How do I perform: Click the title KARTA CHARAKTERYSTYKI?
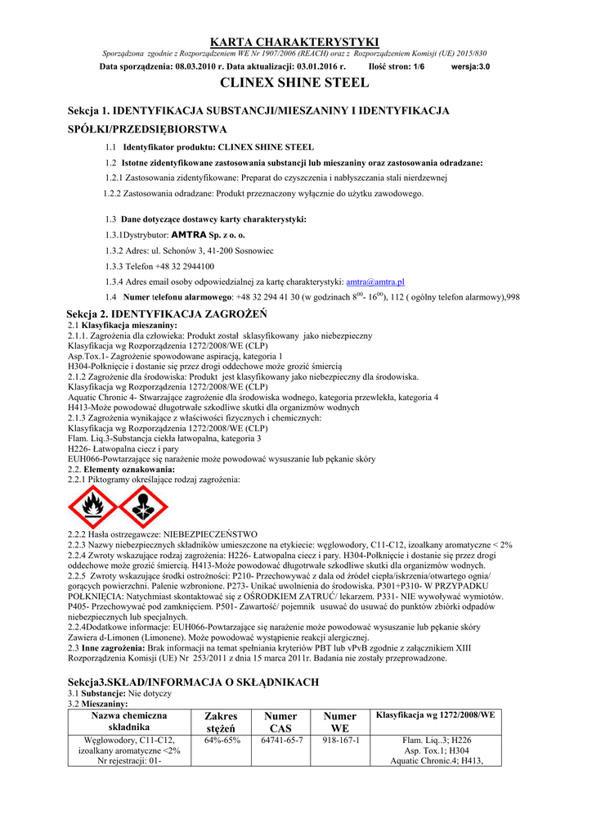295,42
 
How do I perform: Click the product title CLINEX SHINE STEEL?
295,83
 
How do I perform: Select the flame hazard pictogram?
92,507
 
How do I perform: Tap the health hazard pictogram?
143,507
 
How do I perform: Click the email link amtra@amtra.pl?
375,281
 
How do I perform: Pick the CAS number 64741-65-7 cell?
282,740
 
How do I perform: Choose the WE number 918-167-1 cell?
340,740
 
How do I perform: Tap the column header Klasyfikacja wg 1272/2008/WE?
435,715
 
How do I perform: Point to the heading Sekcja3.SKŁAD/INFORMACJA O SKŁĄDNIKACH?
192,682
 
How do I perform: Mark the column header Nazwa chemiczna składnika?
129,722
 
